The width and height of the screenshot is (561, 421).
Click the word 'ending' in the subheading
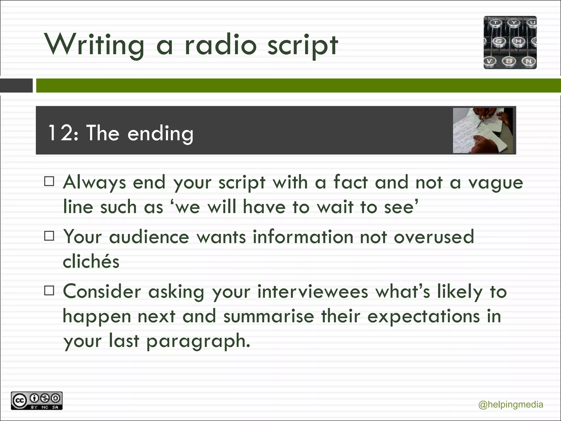[x=161, y=133]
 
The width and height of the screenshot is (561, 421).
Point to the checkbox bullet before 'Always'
[x=49, y=181]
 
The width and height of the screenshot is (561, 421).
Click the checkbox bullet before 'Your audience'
[x=49, y=236]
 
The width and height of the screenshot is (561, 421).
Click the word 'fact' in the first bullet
[x=350, y=182]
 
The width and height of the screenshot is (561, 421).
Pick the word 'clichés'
[x=91, y=261]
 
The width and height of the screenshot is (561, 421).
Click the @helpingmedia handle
[x=511, y=405]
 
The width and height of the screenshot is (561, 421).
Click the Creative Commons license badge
[x=37, y=401]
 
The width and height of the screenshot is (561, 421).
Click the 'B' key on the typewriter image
[x=509, y=61]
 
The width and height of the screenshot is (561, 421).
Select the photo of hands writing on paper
[x=483, y=130]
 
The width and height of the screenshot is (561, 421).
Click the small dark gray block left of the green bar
[x=16, y=86]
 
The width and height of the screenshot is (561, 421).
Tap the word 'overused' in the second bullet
[x=434, y=237]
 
